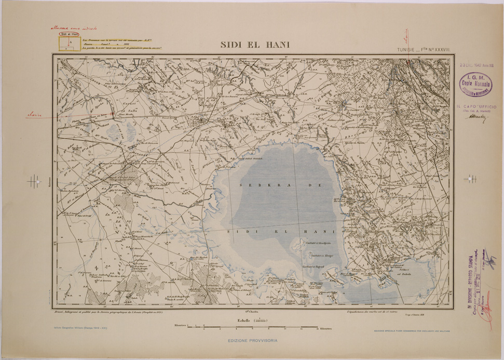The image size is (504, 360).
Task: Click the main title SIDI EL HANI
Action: [x=255, y=45]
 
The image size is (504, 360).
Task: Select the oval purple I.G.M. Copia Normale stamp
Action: [x=475, y=84]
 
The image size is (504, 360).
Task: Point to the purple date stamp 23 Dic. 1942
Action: [x=478, y=65]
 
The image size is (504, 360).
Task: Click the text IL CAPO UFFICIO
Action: [x=476, y=106]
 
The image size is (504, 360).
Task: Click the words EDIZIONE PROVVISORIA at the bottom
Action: [x=252, y=340]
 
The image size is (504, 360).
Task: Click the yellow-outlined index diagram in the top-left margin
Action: [x=69, y=45]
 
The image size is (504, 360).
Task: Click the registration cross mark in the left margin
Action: [x=34, y=181]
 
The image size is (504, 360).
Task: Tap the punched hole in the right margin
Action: [x=472, y=178]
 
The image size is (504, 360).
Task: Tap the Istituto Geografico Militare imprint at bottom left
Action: [x=80, y=328]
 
